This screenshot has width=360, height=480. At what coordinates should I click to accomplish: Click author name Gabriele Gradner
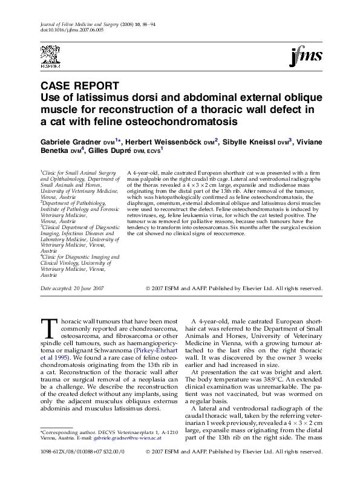pos(74,141)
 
